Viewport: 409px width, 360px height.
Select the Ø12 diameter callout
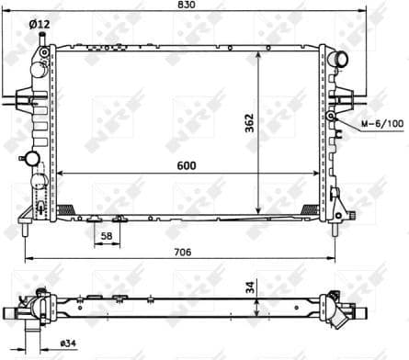39,24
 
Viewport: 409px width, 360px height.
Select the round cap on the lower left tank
35,159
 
